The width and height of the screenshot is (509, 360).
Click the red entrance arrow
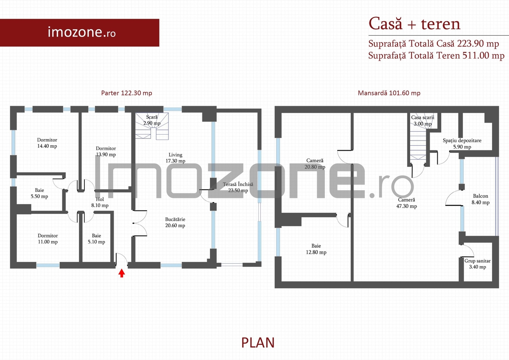[122, 273]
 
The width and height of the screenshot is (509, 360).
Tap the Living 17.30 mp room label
[175, 158]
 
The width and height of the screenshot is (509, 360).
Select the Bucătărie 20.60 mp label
[175, 222]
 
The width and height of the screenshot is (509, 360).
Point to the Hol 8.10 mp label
[100, 202]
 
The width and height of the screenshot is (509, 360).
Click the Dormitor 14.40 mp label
[47, 143]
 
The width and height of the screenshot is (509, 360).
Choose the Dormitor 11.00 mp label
[48, 239]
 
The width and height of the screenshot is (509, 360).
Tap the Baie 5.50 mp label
[39, 193]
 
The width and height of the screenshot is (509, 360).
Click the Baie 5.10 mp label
[96, 239]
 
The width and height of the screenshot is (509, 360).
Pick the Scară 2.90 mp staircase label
[152, 120]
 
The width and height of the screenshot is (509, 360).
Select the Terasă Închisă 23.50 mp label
[238, 187]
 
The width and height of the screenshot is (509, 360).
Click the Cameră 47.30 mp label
[406, 203]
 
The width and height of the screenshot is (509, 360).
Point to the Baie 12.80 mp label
[316, 249]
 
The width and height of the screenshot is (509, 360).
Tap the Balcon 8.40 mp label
[480, 199]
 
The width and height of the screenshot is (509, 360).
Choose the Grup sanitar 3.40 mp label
[478, 264]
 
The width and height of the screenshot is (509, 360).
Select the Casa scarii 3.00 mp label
[422, 121]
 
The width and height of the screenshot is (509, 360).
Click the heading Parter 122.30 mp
[126, 93]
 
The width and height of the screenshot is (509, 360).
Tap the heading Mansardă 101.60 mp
[389, 93]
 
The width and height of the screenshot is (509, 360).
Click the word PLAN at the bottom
[258, 343]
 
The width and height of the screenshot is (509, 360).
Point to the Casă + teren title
[414, 24]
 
